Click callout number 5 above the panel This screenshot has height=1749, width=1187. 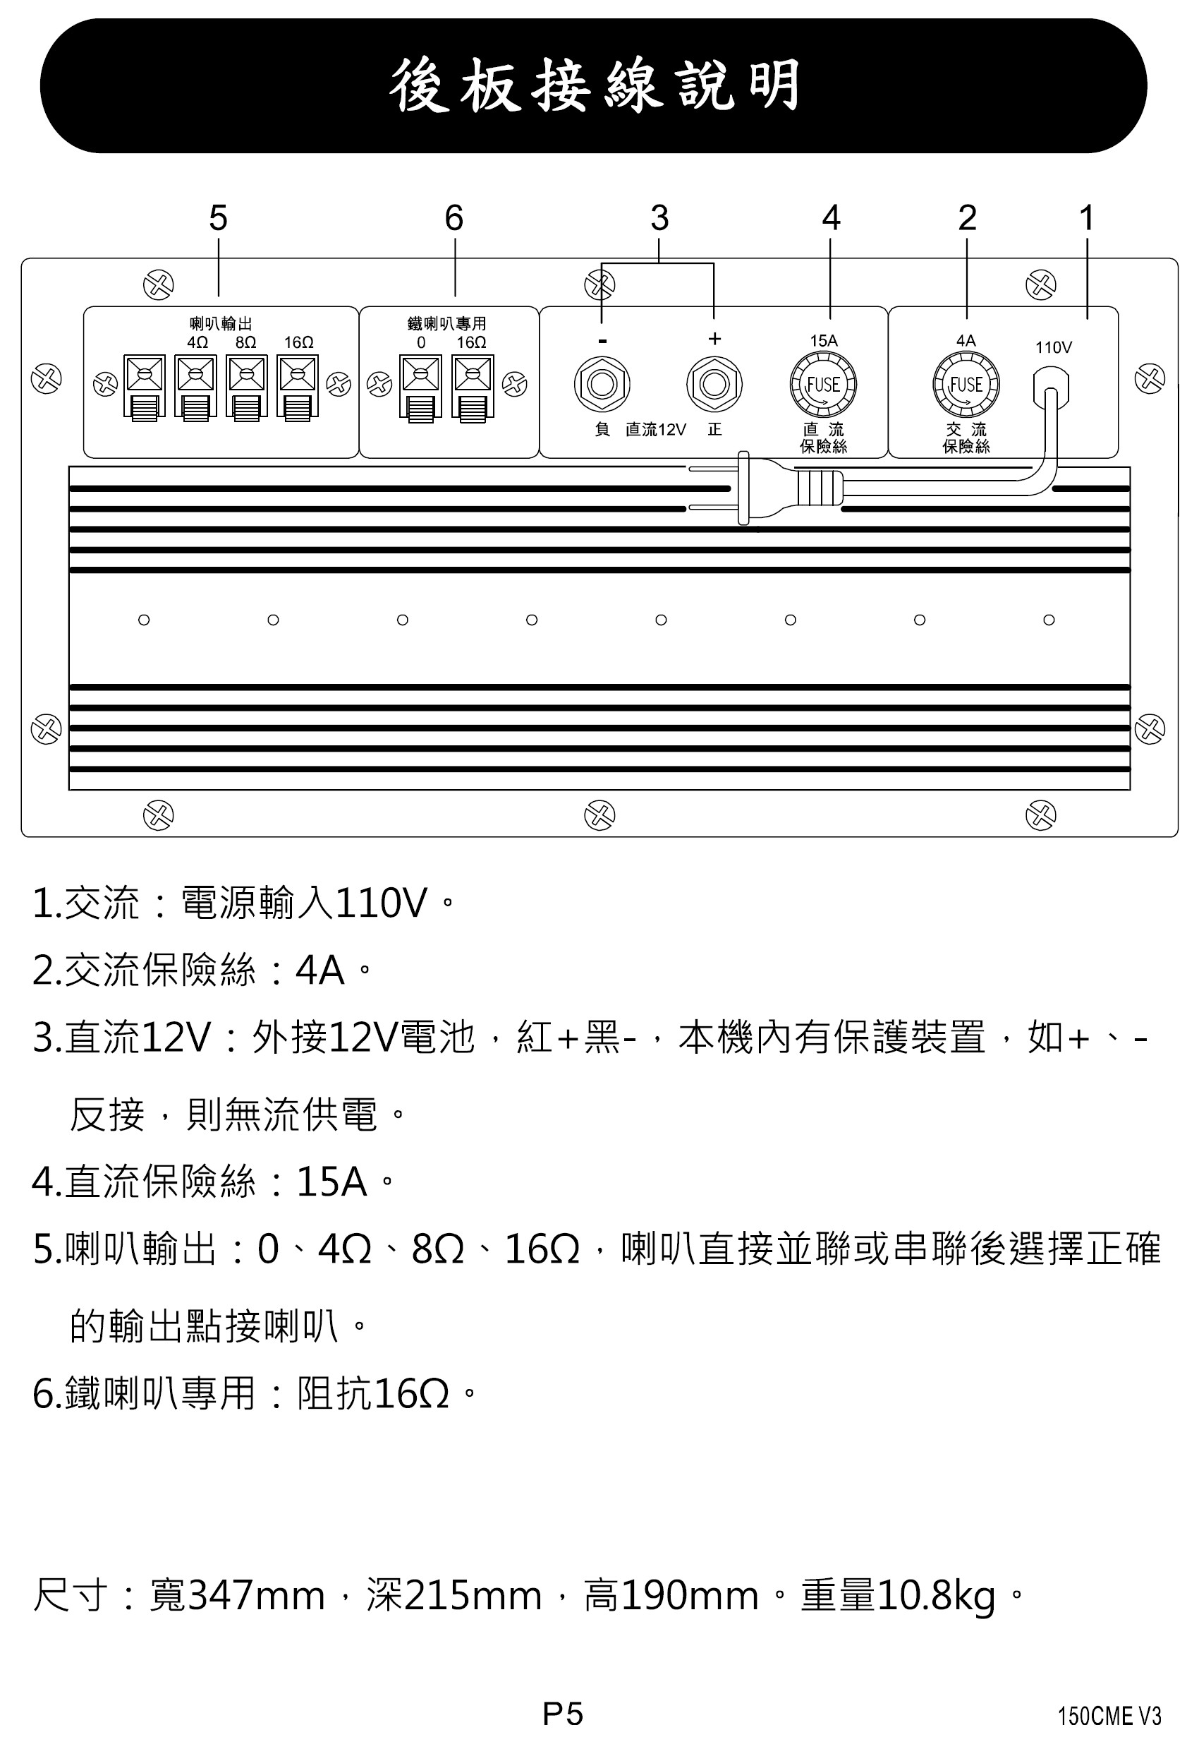tap(218, 218)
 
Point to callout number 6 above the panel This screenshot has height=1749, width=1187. tap(454, 218)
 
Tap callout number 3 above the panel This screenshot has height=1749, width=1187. tap(659, 218)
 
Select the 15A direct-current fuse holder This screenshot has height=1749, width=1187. tap(823, 385)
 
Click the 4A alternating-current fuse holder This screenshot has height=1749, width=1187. tap(966, 385)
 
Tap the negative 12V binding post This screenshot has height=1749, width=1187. tap(602, 385)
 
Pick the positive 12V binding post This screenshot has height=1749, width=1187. tap(714, 385)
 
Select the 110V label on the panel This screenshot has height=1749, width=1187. tap(1053, 348)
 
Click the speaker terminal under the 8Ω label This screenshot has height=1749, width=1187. tap(248, 387)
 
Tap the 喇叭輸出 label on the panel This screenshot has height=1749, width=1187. tap(220, 323)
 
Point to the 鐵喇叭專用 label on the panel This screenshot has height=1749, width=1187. tap(447, 323)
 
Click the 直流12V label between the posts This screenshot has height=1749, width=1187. tap(656, 430)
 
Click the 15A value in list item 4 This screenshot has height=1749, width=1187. tap(331, 1182)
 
